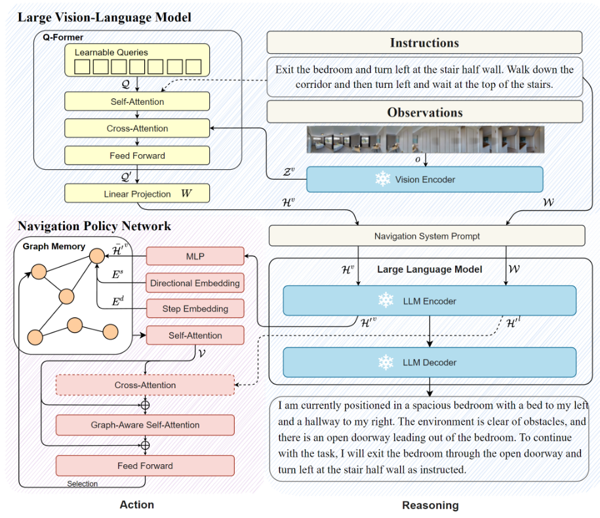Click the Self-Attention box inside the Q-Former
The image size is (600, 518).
(137, 102)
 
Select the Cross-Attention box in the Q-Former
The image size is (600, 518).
(137, 129)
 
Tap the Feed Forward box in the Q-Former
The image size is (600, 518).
(137, 155)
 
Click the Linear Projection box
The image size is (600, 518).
(137, 193)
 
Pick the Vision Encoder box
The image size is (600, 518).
(424, 179)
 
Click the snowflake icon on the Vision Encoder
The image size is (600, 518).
(382, 179)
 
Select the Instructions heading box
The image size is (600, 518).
(424, 43)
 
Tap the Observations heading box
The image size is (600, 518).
(424, 112)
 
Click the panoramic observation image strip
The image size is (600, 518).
(424, 140)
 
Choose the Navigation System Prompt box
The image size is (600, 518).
(427, 236)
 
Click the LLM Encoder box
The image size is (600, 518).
(430, 301)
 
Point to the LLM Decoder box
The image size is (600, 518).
(430, 362)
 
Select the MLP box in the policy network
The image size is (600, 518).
(195, 256)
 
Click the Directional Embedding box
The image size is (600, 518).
(195, 283)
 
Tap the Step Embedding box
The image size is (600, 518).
(195, 309)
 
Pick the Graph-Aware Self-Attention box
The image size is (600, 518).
(145, 425)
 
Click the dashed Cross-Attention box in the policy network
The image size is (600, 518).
(145, 385)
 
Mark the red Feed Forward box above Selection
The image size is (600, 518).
(145, 466)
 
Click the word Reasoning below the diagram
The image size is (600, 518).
(430, 505)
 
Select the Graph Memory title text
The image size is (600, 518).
(54, 247)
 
